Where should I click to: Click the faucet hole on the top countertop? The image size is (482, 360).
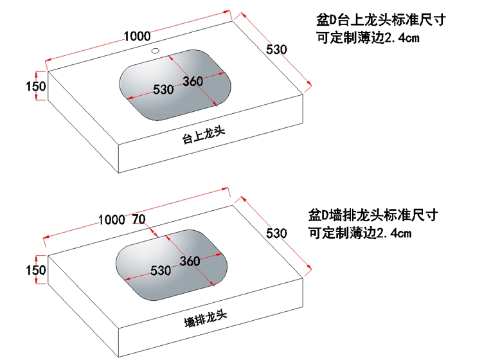pyautogui.click(x=155, y=50)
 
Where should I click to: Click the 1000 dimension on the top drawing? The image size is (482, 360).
pyautogui.click(x=137, y=36)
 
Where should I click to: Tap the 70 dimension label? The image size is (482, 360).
pyautogui.click(x=138, y=219)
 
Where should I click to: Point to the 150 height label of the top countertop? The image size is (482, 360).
pyautogui.click(x=35, y=86)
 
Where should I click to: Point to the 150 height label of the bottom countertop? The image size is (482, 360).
pyautogui.click(x=35, y=270)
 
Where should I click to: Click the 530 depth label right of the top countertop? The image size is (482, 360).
pyautogui.click(x=276, y=50)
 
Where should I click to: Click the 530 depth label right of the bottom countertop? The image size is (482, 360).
pyautogui.click(x=276, y=233)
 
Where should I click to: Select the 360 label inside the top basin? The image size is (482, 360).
pyautogui.click(x=193, y=81)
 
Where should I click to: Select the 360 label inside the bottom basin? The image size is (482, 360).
pyautogui.click(x=190, y=261)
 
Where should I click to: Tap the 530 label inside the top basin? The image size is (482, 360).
pyautogui.click(x=163, y=90)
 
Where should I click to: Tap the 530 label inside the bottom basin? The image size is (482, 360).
pyautogui.click(x=160, y=270)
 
